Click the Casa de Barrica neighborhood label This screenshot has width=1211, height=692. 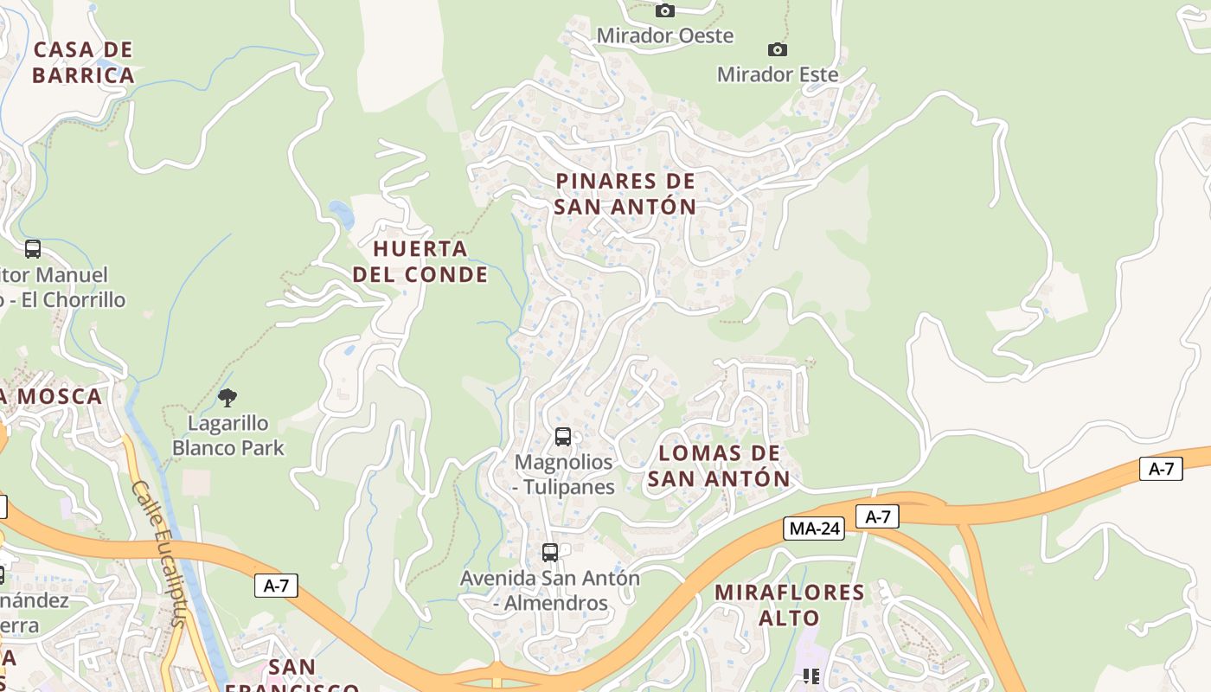(x=83, y=62)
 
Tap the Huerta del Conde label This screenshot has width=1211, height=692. (x=420, y=261)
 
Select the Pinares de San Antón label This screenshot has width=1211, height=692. (x=625, y=194)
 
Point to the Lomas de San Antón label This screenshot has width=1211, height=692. (x=719, y=465)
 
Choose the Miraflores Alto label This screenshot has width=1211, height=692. (x=789, y=605)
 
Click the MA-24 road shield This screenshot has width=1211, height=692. (x=813, y=529)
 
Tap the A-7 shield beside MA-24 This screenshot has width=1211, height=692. (x=877, y=517)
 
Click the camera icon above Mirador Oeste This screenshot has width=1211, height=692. (x=664, y=11)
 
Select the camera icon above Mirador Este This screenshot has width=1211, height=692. (x=778, y=50)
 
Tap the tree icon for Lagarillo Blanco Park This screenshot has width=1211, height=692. (x=227, y=398)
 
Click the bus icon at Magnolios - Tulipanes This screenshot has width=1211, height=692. (x=563, y=437)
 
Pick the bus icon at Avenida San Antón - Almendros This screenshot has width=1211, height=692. (x=550, y=553)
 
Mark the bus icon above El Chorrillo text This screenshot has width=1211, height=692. (x=33, y=249)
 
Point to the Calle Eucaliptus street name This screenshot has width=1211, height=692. (x=159, y=554)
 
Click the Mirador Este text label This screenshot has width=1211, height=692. (x=778, y=74)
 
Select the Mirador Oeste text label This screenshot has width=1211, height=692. (x=664, y=35)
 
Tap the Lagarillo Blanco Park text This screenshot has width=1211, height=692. (x=228, y=436)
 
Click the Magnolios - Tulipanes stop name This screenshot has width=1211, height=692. (x=563, y=474)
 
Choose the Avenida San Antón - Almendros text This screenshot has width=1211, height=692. (x=550, y=590)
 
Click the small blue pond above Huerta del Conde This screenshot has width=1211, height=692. (x=341, y=214)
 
